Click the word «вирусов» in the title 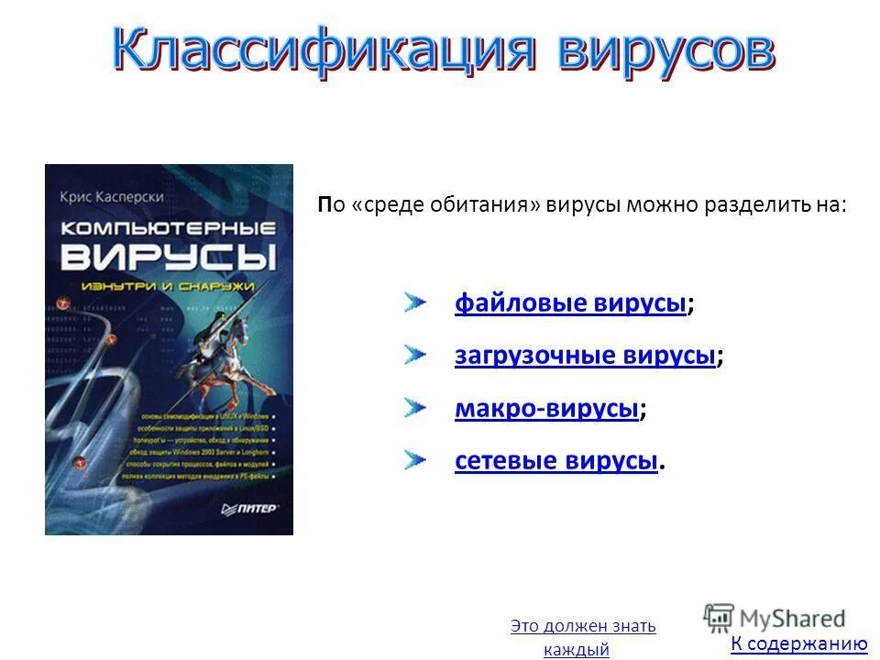point(665,50)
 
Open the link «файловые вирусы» point(570,303)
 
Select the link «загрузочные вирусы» point(584,356)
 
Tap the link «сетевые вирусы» point(555,460)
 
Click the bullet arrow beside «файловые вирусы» point(414,302)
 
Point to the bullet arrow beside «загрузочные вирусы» point(414,354)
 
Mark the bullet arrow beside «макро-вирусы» point(414,406)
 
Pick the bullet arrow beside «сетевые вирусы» point(414,458)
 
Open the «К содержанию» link point(798,644)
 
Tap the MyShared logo point(775,618)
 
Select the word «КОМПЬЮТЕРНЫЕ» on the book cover point(169,225)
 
